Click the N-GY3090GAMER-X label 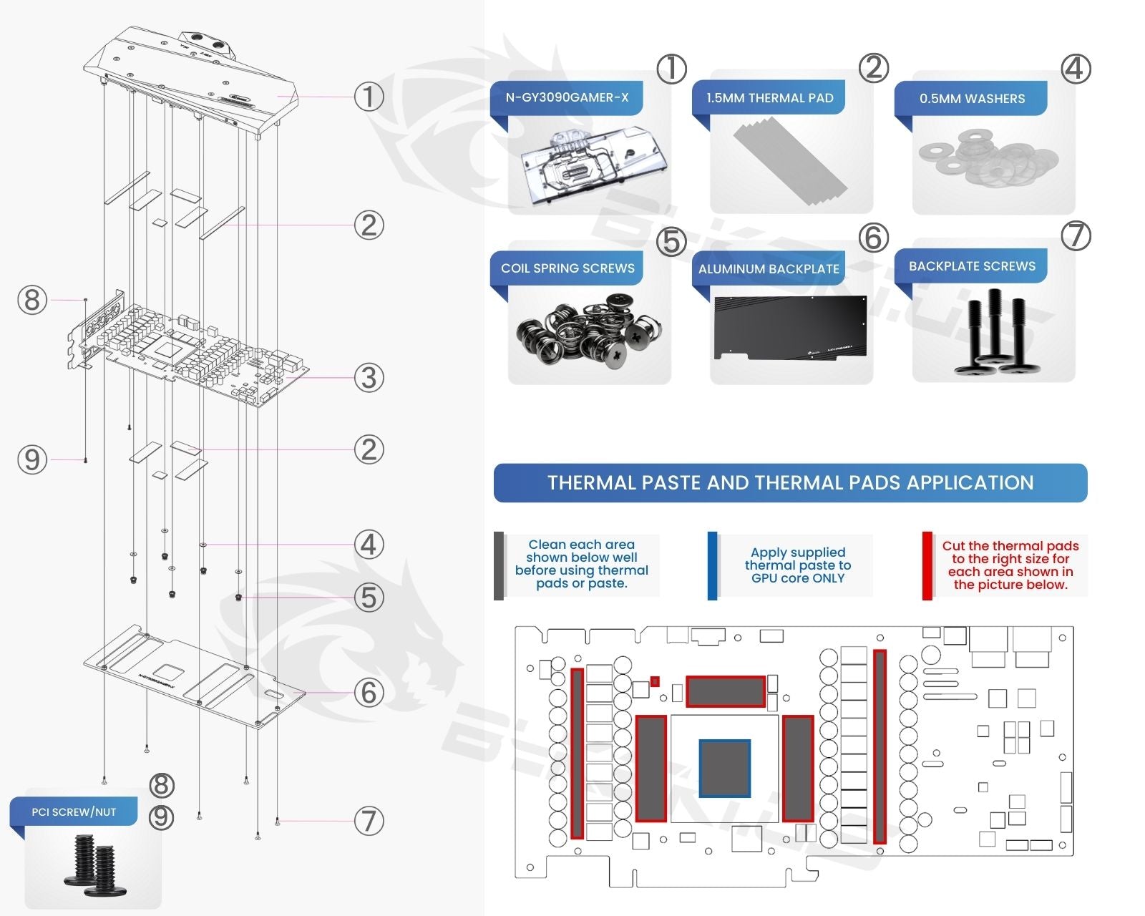[x=567, y=97]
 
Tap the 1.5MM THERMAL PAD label [x=769, y=98]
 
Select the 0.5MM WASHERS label [x=972, y=99]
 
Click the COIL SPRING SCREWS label [x=567, y=268]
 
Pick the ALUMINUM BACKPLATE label [x=769, y=269]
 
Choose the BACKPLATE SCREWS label [x=972, y=266]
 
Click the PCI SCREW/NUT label [x=74, y=812]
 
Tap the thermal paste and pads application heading [x=790, y=483]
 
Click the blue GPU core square [x=725, y=768]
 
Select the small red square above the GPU [x=655, y=681]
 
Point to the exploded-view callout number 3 [x=369, y=377]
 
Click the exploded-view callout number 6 [x=369, y=692]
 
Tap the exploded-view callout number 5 [x=369, y=597]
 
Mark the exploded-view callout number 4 [x=369, y=545]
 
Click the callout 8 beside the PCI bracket [x=32, y=300]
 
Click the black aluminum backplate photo [x=791, y=327]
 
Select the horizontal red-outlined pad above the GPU [x=726, y=691]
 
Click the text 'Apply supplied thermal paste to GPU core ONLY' [x=798, y=565]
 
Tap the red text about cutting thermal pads [x=1010, y=565]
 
